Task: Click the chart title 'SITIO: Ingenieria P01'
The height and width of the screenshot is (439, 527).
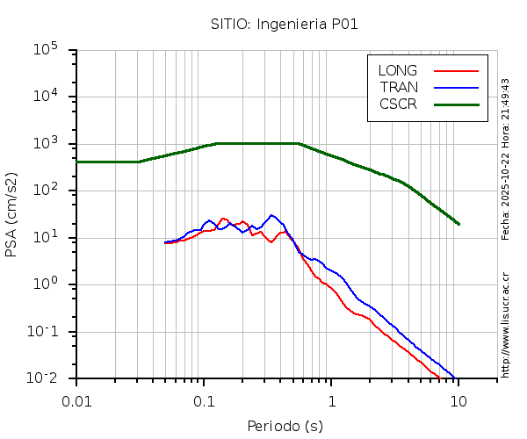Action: pyautogui.click(x=284, y=24)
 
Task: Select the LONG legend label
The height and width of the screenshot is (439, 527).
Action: pyautogui.click(x=398, y=70)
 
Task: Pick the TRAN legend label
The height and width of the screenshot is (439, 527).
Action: pyautogui.click(x=399, y=87)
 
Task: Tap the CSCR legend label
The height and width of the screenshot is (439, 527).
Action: pyautogui.click(x=398, y=104)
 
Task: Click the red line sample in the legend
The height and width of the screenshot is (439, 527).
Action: pyautogui.click(x=456, y=70)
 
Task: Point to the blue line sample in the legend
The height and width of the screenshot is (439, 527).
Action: pyautogui.click(x=456, y=87)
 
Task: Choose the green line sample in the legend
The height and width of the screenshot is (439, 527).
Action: pyautogui.click(x=456, y=104)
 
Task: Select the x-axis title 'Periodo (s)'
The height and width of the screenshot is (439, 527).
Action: pyautogui.click(x=284, y=427)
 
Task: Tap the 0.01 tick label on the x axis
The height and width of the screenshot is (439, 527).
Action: pyautogui.click(x=76, y=401)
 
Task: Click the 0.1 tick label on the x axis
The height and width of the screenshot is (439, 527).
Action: pyautogui.click(x=204, y=401)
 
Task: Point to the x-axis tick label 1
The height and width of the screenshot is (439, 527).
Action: pyautogui.click(x=331, y=401)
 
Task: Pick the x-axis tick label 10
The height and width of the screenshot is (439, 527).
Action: pyautogui.click(x=458, y=401)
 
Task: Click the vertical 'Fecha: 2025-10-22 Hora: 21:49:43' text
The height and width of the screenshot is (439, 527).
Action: pyautogui.click(x=506, y=159)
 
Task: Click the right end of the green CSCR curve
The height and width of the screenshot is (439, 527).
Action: pyautogui.click(x=458, y=224)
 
